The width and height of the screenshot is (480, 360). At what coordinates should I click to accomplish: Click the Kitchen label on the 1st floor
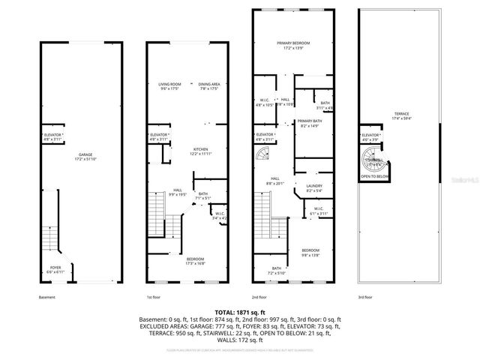tap(199, 150)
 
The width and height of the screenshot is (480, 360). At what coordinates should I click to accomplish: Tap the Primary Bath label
tap(310, 123)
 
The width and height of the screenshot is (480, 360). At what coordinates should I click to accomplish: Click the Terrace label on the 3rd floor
tap(403, 115)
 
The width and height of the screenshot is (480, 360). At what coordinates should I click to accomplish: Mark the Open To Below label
tap(375, 178)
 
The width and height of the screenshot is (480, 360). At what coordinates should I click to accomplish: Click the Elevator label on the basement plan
tap(52, 136)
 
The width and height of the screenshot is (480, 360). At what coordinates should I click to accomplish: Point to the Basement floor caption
tap(46, 297)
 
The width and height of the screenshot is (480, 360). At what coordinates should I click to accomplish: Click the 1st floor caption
tap(152, 297)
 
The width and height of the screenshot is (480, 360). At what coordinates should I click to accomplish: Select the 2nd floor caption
tap(259, 297)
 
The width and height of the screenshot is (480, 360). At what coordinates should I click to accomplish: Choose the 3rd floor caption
tap(365, 297)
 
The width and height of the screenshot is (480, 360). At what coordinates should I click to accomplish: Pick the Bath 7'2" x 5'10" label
tap(277, 270)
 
